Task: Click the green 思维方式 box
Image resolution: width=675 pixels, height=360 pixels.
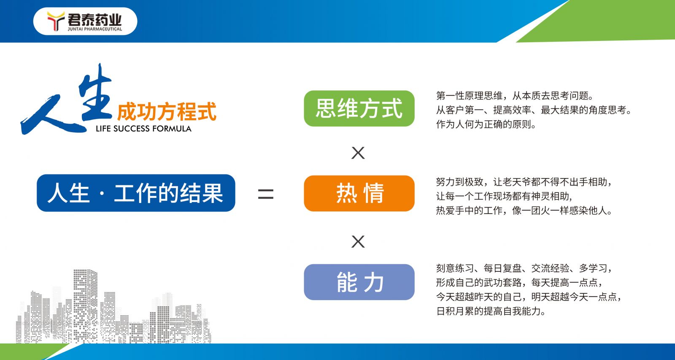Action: [359, 108]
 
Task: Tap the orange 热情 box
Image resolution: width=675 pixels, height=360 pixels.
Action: [359, 193]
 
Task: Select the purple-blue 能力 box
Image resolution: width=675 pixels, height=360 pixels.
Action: [359, 282]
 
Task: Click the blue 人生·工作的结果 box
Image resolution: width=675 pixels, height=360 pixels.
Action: [136, 193]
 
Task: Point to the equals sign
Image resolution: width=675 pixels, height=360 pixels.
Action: [266, 194]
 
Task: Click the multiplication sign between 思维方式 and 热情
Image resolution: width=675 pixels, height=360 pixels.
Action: [358, 153]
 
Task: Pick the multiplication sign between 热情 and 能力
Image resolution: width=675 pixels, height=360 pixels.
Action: [358, 241]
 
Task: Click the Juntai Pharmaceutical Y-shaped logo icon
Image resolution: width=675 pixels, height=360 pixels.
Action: [56, 21]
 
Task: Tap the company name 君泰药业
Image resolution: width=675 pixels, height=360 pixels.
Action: [94, 19]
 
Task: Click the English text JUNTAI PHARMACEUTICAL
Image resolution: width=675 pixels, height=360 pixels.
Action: [94, 29]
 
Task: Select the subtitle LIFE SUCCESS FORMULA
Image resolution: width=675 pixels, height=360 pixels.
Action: [143, 129]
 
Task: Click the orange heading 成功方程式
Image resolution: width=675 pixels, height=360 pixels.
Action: [167, 111]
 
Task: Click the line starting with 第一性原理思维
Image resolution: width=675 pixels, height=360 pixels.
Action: [515, 96]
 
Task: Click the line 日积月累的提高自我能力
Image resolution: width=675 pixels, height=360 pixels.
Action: [491, 311]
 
